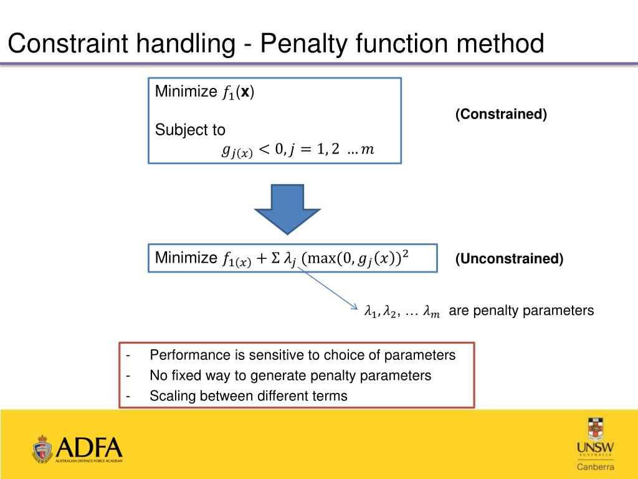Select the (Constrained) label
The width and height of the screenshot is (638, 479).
click(501, 114)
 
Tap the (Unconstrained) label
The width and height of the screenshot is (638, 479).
click(509, 258)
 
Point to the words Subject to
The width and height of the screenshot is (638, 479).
click(190, 130)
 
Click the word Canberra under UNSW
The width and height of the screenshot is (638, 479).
click(595, 467)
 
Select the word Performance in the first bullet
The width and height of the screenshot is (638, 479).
click(189, 356)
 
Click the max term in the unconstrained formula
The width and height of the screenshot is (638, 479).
click(318, 258)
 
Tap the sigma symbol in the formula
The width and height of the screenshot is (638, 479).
click(276, 258)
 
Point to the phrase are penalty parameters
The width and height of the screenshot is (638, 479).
click(521, 311)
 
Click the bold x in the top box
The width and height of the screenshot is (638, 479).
click(246, 92)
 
